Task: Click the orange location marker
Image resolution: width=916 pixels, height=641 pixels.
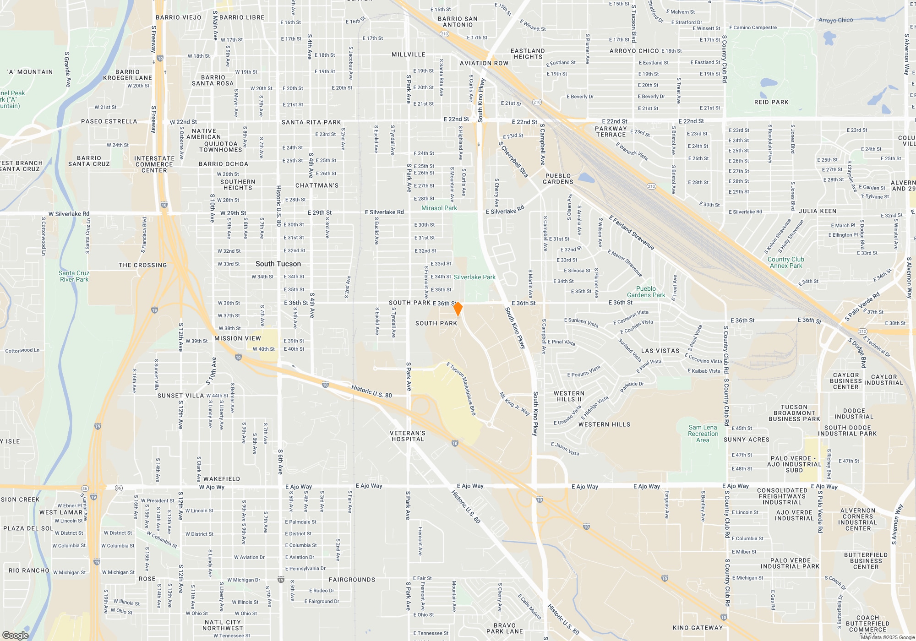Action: [458, 309]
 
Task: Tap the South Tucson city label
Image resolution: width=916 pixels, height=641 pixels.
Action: [278, 264]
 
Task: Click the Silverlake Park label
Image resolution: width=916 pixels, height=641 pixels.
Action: [474, 277]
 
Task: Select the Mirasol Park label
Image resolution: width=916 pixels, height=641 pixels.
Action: [439, 208]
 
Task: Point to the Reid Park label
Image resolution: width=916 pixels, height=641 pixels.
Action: [771, 102]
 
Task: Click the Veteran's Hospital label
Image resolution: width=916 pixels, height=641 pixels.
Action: [408, 436]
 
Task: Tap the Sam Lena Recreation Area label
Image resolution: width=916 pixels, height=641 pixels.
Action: [703, 434]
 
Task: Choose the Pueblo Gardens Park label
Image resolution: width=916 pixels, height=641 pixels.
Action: [646, 292]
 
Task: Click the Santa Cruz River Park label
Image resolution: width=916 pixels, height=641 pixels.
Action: [74, 276]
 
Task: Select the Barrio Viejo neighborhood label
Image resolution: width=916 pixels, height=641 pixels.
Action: [179, 17]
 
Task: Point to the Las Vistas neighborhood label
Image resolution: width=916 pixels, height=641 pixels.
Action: [660, 351]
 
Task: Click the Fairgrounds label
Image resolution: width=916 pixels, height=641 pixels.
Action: [352, 580]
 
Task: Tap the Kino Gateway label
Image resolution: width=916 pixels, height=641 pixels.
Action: [698, 628]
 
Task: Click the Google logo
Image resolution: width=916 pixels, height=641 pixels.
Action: [16, 635]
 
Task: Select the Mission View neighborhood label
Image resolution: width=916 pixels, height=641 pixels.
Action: [237, 338]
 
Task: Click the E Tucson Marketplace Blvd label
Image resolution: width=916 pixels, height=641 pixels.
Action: [462, 389]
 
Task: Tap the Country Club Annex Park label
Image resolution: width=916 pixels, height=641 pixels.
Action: [785, 262]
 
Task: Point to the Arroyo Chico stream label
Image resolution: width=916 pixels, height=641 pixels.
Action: [835, 20]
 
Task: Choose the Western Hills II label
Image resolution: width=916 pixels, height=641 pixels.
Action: [569, 396]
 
